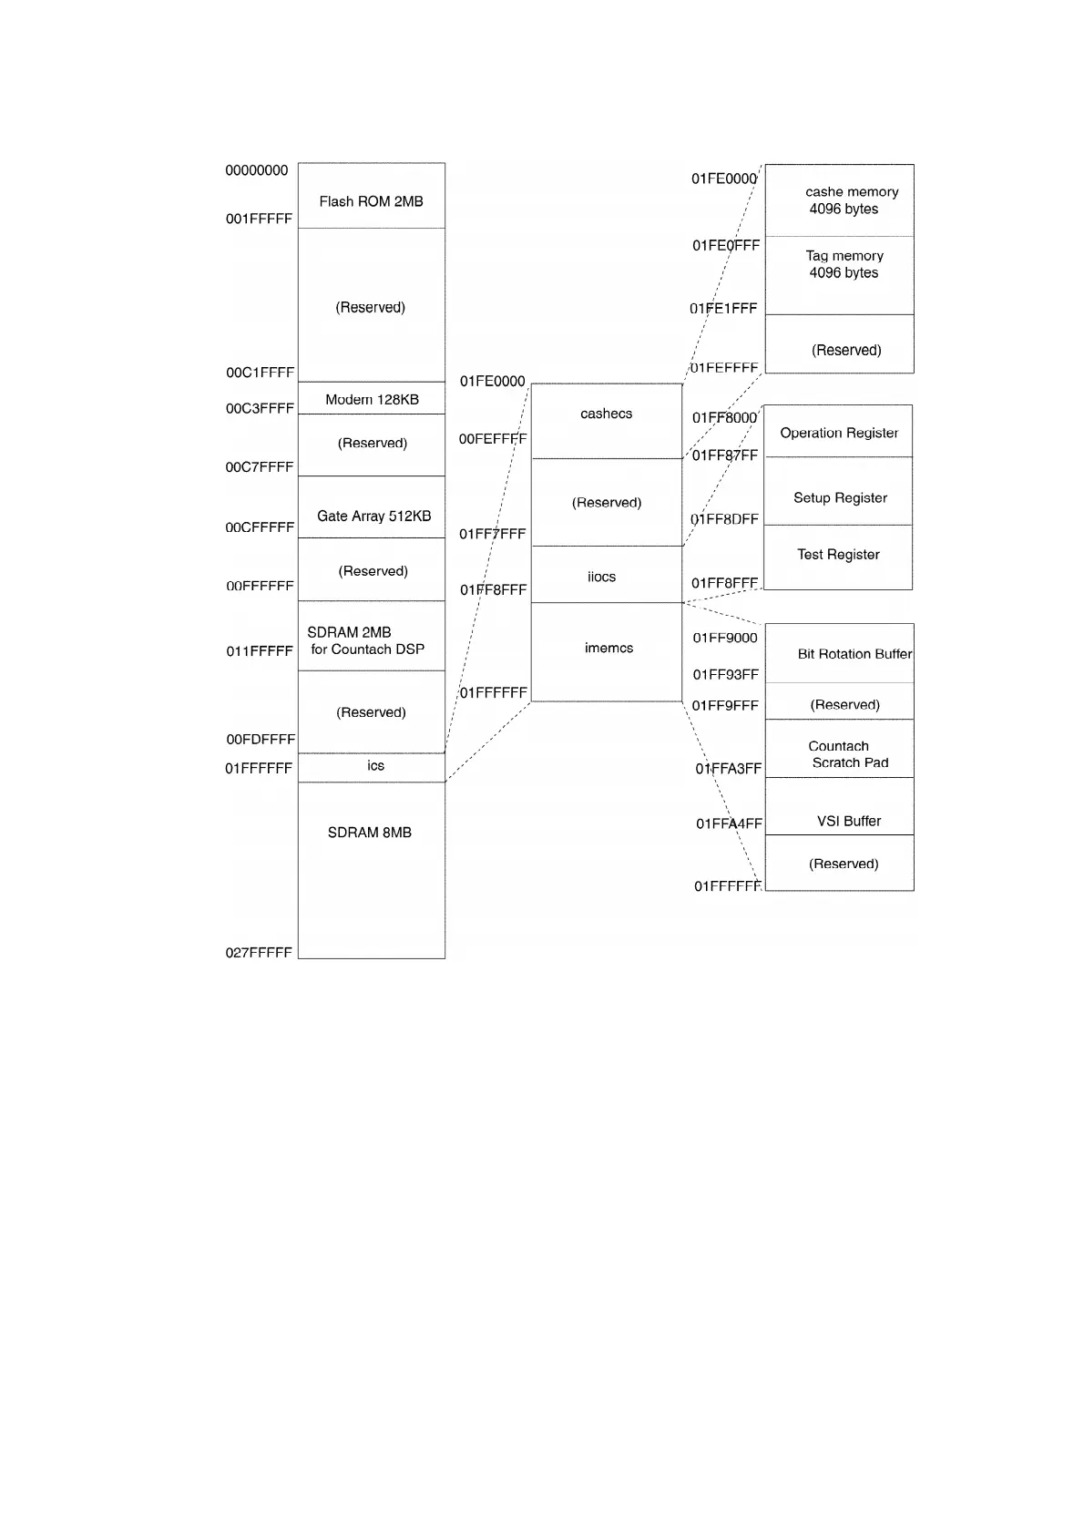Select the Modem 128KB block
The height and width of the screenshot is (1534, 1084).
click(x=372, y=399)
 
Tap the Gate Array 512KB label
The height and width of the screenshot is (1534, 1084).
click(x=373, y=516)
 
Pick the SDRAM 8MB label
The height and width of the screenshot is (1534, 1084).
click(x=369, y=833)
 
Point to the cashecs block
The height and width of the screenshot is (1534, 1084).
click(x=606, y=420)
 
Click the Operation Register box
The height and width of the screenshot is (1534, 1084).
click(x=838, y=432)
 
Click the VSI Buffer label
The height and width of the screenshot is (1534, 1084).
click(x=848, y=821)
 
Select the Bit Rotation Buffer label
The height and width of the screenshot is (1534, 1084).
click(x=854, y=654)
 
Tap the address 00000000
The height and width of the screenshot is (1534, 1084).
click(x=257, y=170)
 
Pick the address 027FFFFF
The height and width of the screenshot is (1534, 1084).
click(x=259, y=953)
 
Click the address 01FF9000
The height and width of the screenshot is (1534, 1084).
click(x=725, y=638)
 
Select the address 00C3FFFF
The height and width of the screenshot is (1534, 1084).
click(x=260, y=408)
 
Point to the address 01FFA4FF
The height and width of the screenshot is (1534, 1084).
click(x=729, y=823)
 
